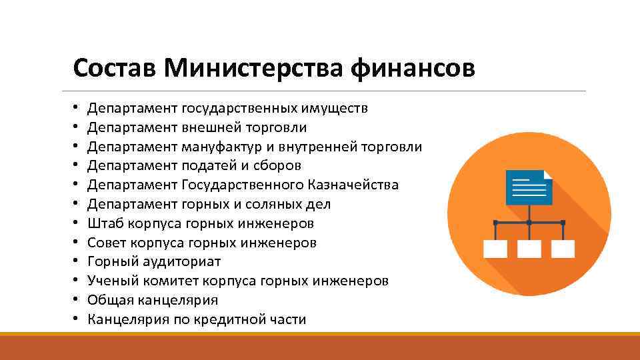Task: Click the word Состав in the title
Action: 115,68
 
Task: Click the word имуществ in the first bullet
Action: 335,108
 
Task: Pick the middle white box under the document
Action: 529,248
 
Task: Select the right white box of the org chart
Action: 563,248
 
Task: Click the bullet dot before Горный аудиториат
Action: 77,262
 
